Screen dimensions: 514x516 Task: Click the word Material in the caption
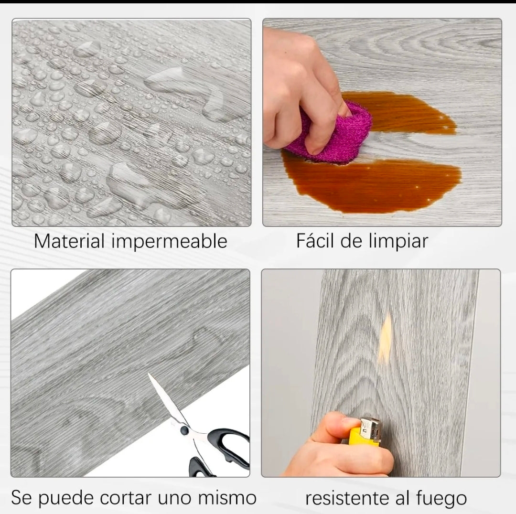[69, 241]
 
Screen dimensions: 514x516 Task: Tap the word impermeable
[169, 242]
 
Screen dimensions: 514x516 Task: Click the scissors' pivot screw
[184, 430]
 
